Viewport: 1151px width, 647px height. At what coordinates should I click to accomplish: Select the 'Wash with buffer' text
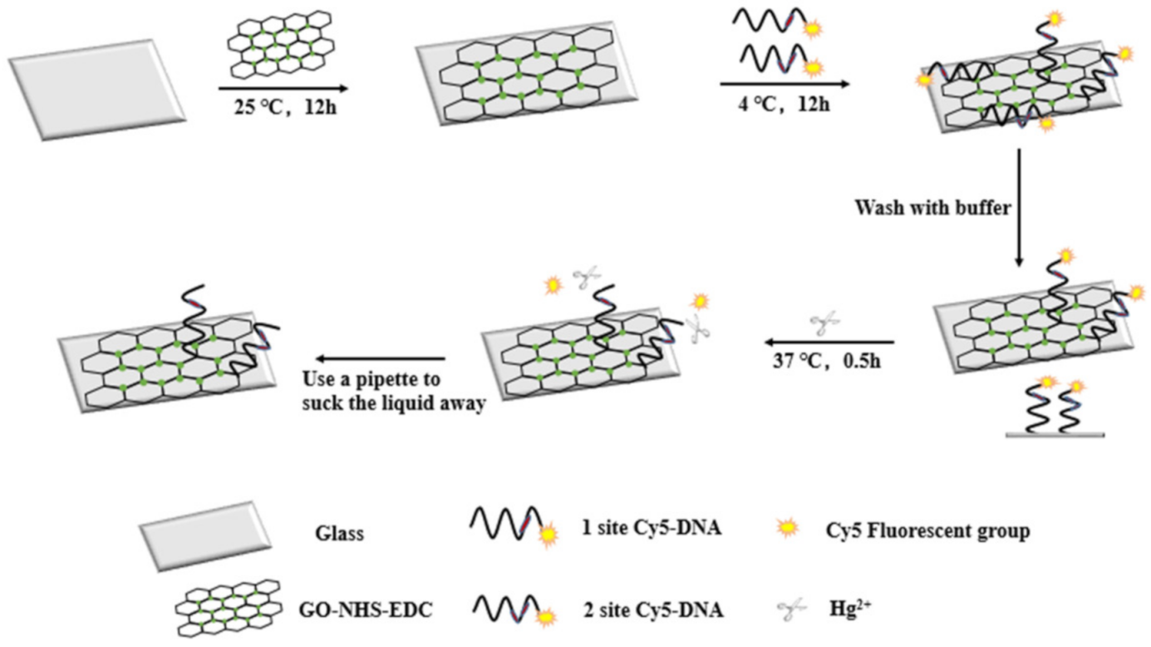(x=932, y=208)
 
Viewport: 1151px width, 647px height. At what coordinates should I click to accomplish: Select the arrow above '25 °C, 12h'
(x=283, y=86)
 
